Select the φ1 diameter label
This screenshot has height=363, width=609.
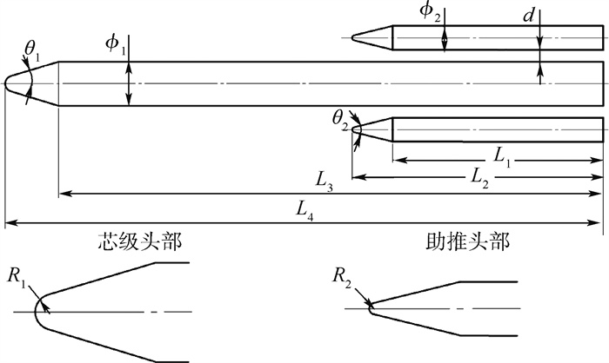click(x=116, y=45)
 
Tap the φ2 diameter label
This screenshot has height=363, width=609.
click(x=430, y=12)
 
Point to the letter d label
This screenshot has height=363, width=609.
click(x=529, y=16)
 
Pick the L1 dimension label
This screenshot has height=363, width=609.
click(x=502, y=157)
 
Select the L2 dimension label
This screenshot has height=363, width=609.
click(x=479, y=178)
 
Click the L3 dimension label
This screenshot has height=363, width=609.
click(x=324, y=181)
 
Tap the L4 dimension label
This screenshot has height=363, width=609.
click(x=304, y=211)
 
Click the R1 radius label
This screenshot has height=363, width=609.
click(x=17, y=278)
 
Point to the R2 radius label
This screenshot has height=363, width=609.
click(x=342, y=278)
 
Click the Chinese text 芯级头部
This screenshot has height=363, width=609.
click(x=139, y=242)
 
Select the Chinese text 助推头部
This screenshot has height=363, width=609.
click(x=467, y=242)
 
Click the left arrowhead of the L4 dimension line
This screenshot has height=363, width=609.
click(x=10, y=223)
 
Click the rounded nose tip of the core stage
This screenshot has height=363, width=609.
click(x=5, y=83)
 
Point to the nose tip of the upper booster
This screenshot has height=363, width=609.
click(x=352, y=37)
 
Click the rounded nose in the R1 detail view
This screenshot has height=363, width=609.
click(x=36, y=312)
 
